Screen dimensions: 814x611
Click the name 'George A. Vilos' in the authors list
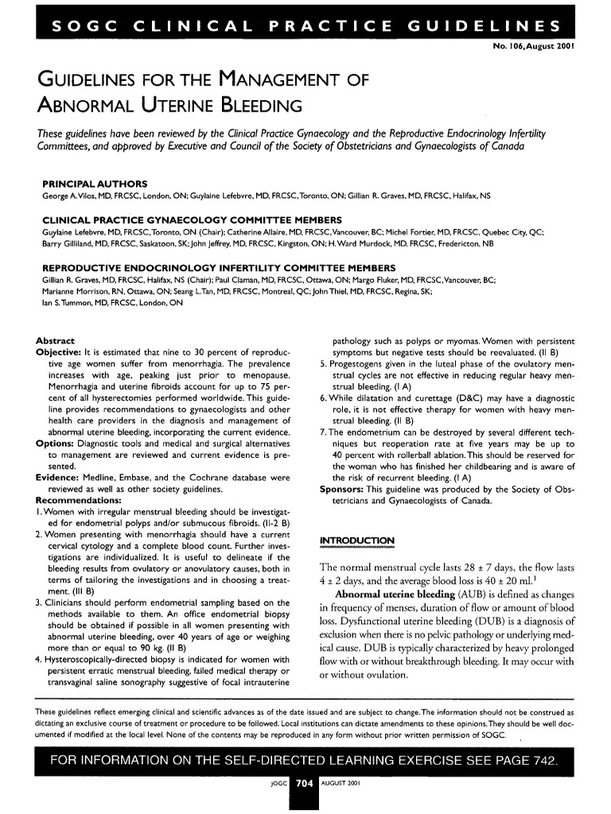coord(68,196)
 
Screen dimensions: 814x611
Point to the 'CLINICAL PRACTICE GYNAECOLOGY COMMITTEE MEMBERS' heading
coord(192,219)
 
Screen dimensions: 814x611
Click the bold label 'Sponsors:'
coord(344,490)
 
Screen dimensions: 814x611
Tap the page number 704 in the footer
coord(303,783)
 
